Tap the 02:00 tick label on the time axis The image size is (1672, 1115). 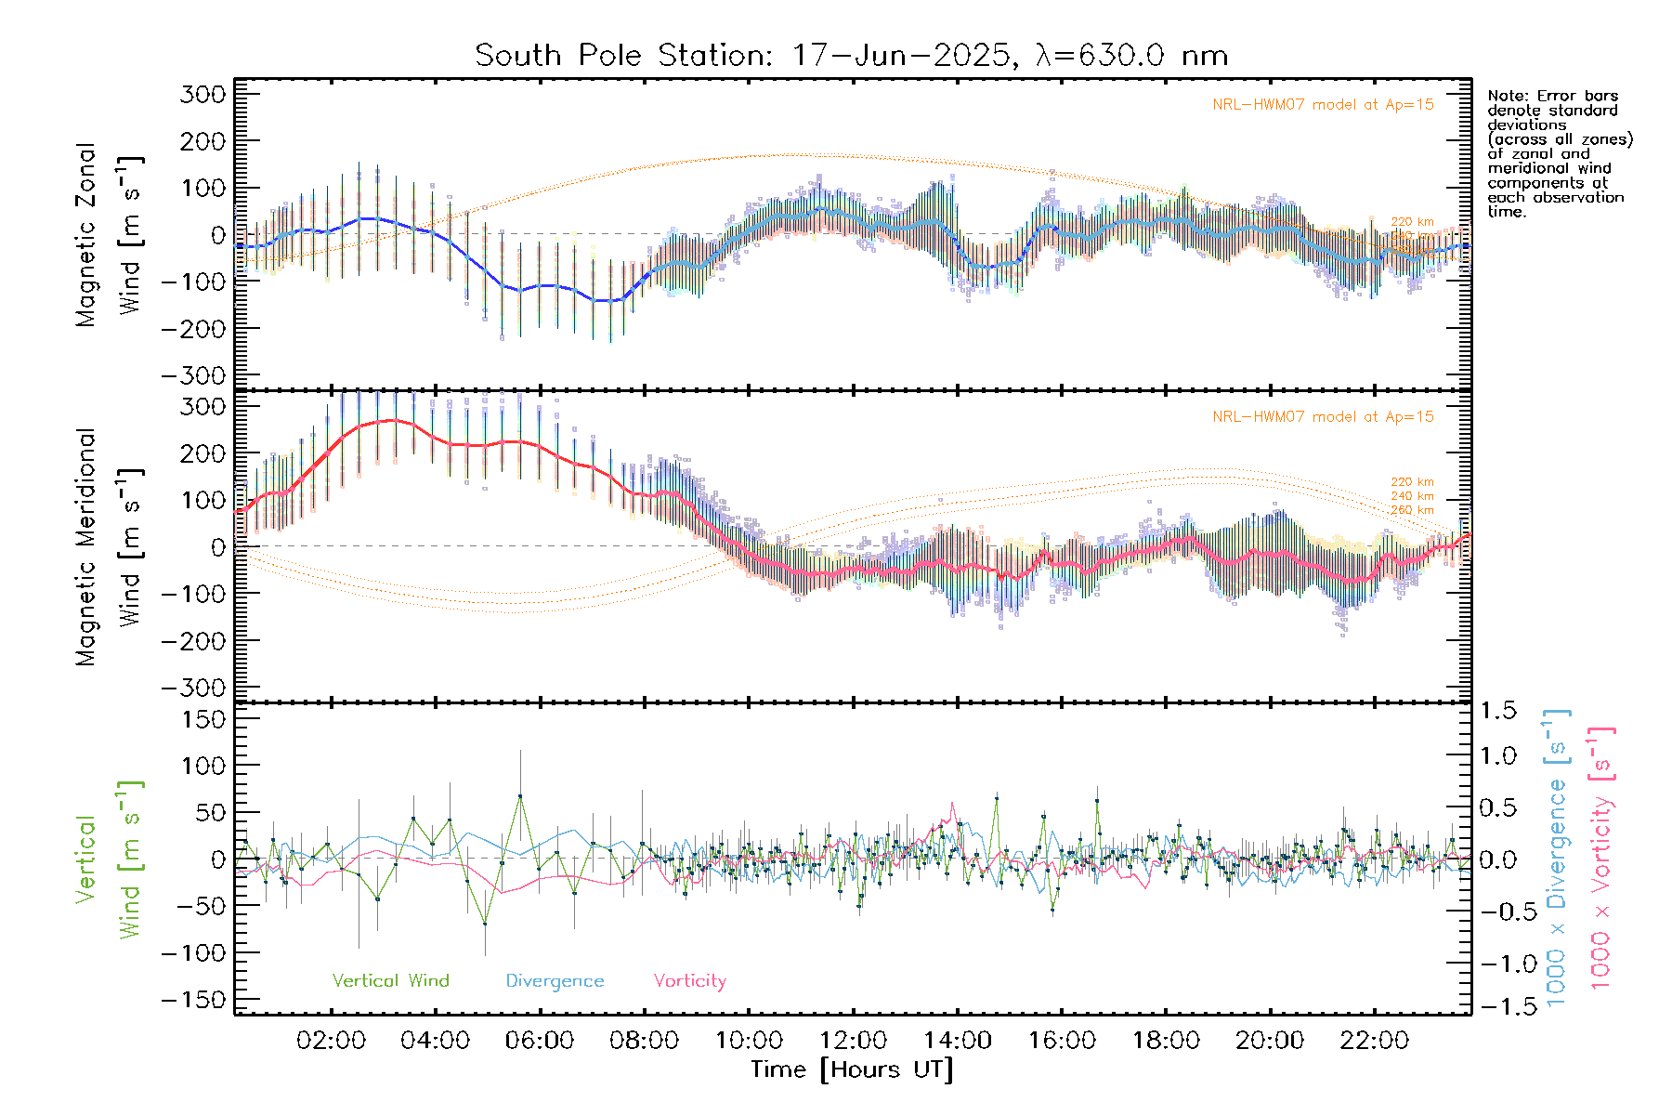click(x=331, y=1041)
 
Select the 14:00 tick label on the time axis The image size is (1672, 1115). click(x=958, y=1041)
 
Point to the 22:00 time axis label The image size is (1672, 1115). click(x=1375, y=1041)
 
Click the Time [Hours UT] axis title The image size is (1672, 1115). click(x=852, y=1070)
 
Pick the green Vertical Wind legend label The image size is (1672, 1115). click(x=390, y=981)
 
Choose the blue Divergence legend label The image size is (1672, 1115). click(x=555, y=981)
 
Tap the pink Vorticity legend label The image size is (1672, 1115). click(x=689, y=981)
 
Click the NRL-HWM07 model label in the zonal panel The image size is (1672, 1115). click(x=1323, y=105)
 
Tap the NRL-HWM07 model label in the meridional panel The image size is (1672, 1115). click(x=1323, y=417)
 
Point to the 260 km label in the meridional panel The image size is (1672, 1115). click(x=1412, y=510)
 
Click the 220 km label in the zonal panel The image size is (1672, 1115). click(x=1412, y=222)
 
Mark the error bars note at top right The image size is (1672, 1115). click(x=1559, y=153)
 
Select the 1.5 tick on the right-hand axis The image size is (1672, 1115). click(x=1497, y=711)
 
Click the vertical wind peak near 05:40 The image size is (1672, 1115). click(x=520, y=796)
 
